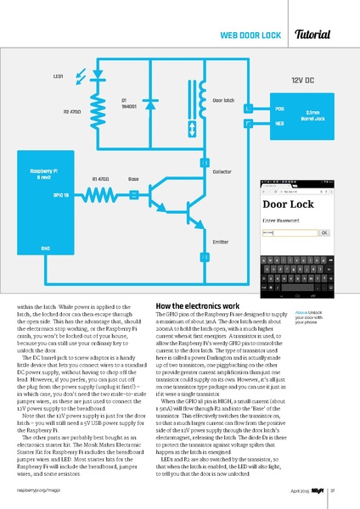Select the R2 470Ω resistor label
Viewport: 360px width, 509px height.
(x=72, y=111)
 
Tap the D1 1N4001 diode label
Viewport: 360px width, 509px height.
(x=130, y=103)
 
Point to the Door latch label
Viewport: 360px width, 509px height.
(x=223, y=100)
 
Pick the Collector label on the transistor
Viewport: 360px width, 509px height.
(x=222, y=172)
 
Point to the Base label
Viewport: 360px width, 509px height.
(x=133, y=180)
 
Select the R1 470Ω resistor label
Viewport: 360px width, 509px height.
(x=101, y=180)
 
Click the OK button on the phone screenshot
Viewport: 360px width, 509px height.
(x=323, y=232)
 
